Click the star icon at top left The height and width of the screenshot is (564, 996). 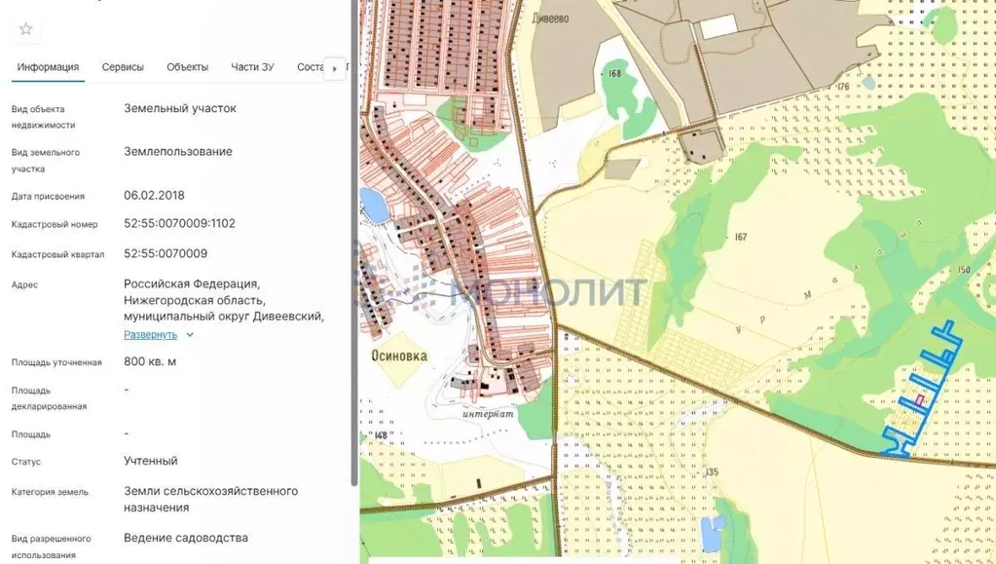[26, 29]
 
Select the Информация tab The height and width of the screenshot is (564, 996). [48, 67]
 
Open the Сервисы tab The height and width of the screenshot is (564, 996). [123, 67]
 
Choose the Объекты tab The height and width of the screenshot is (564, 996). [187, 67]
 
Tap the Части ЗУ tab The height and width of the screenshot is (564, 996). [252, 67]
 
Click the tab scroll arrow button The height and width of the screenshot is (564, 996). [334, 68]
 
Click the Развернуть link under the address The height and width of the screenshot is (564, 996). [151, 334]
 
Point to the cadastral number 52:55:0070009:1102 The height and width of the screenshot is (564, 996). [179, 223]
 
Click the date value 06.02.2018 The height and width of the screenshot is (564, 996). [154, 195]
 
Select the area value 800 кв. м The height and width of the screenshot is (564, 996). [150, 361]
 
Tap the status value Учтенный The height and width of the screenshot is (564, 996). [151, 461]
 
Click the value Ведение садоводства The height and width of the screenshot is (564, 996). [186, 538]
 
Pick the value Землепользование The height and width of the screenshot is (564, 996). [178, 151]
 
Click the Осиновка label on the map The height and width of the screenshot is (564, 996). [399, 357]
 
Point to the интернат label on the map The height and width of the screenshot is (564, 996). [488, 412]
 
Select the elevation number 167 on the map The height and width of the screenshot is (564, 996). [740, 237]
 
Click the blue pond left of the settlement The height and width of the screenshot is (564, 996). [372, 205]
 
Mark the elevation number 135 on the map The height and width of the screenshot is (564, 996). [713, 472]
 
